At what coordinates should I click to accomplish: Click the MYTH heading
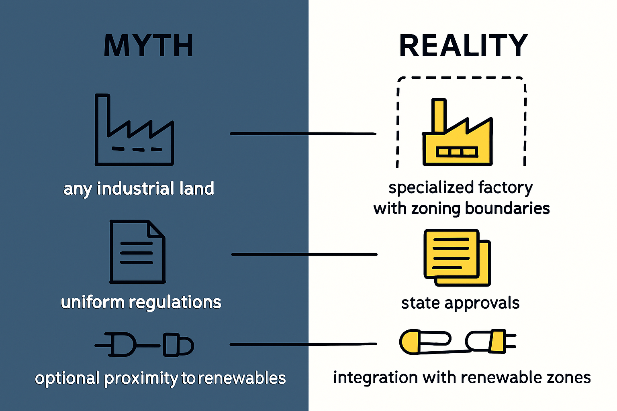click(x=149, y=46)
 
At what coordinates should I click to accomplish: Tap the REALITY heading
click(x=463, y=46)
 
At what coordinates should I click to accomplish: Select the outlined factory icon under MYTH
click(x=134, y=130)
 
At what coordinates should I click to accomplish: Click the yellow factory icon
click(x=458, y=132)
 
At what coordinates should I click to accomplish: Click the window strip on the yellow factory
click(x=457, y=152)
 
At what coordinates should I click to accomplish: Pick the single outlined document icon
click(x=137, y=252)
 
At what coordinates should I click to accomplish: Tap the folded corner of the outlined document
click(x=156, y=229)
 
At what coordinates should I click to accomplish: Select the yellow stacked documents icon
click(x=458, y=258)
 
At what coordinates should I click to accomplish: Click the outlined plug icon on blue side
click(x=144, y=345)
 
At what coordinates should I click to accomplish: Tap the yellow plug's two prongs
click(x=511, y=341)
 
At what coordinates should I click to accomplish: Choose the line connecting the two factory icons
click(x=303, y=134)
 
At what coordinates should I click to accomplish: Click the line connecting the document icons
click(x=304, y=254)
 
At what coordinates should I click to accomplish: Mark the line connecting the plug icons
click(x=303, y=344)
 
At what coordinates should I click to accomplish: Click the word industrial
click(x=135, y=189)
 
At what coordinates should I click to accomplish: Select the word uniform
click(x=92, y=302)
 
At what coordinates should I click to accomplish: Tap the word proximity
click(x=141, y=378)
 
